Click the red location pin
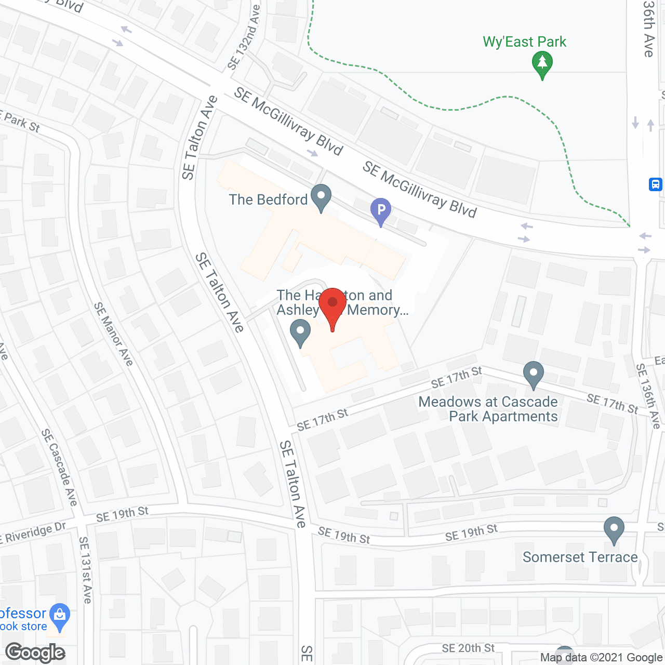click(332, 307)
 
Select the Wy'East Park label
click(524, 42)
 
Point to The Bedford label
click(268, 199)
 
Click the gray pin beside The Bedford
click(321, 197)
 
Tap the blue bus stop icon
click(655, 184)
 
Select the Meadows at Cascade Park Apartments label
click(488, 409)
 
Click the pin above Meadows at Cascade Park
click(533, 374)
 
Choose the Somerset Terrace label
click(580, 557)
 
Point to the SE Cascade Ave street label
click(59, 467)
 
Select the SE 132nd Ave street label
click(244, 38)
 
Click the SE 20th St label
click(468, 648)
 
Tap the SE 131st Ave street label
click(85, 570)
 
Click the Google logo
click(35, 653)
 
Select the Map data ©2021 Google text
click(601, 658)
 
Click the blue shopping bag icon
click(60, 616)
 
